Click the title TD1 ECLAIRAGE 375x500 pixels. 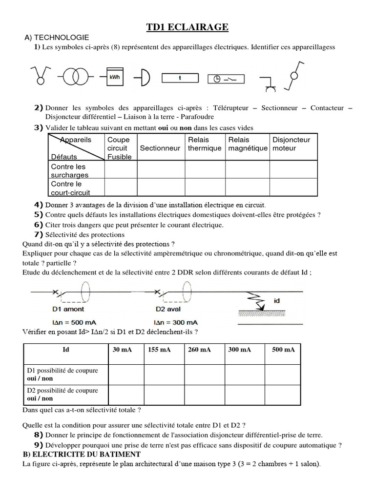[x=187, y=28]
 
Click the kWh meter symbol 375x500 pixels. [x=114, y=76]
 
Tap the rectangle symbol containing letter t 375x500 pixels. [x=180, y=78]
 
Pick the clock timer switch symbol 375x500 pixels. [x=225, y=78]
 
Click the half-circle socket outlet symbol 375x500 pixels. [x=144, y=77]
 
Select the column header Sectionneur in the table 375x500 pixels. [x=160, y=148]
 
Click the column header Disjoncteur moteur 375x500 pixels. [x=291, y=144]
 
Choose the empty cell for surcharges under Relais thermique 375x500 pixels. [x=205, y=170]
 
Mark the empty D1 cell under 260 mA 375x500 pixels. [x=204, y=375]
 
